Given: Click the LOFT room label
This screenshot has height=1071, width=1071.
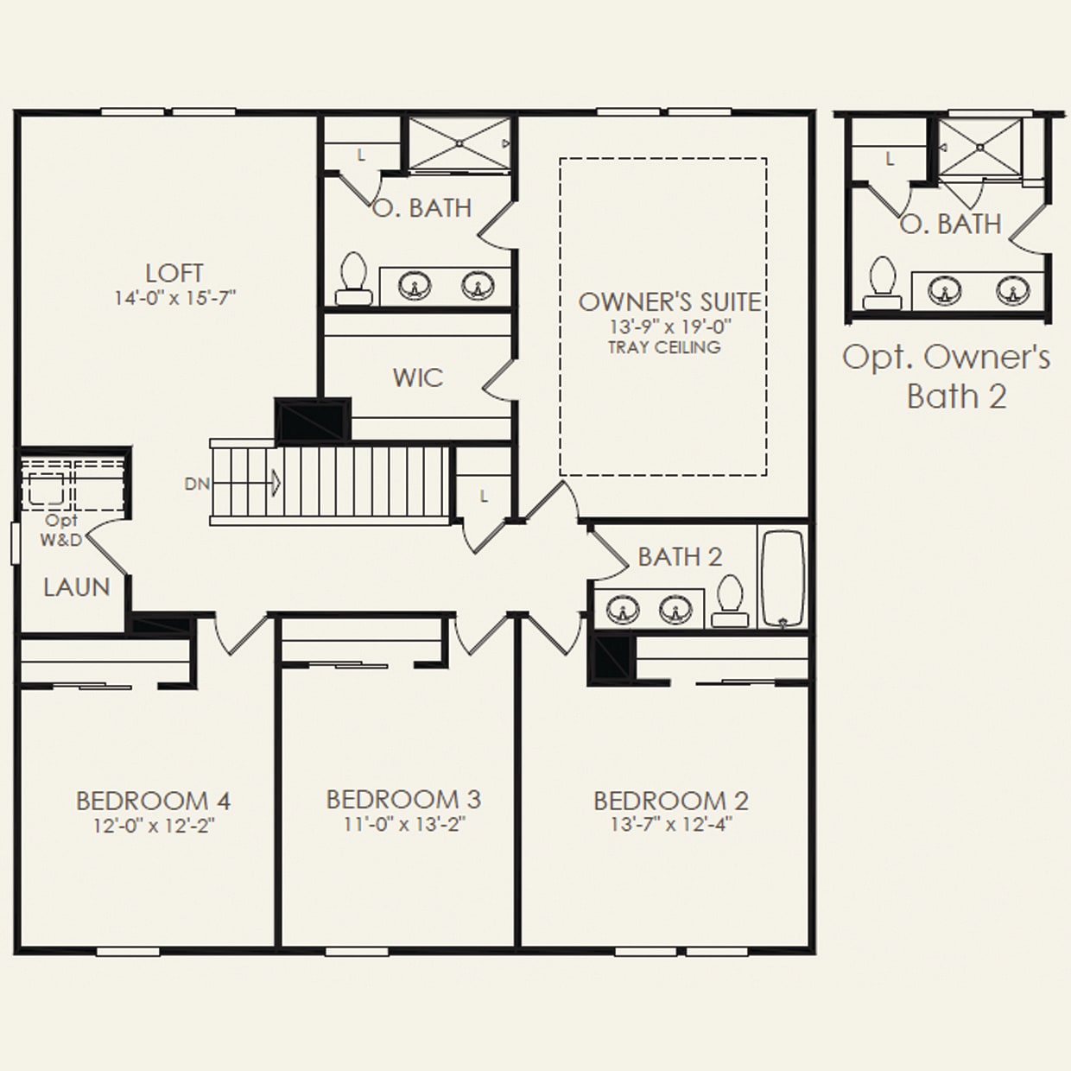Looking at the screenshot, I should tap(174, 273).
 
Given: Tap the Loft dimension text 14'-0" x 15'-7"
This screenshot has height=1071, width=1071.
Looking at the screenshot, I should tap(174, 299).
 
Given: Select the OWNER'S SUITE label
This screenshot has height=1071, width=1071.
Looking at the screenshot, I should tap(669, 302).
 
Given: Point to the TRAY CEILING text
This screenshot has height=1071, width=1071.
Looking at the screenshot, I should tap(664, 347).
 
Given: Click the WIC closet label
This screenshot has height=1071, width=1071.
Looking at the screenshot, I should tap(417, 377).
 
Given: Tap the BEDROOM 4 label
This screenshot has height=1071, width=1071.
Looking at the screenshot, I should tap(153, 801).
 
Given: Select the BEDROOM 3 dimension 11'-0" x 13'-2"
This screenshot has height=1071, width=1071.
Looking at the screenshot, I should tap(404, 824).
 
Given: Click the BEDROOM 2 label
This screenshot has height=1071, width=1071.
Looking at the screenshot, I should tap(671, 801).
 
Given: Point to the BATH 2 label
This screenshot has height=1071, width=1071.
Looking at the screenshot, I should tap(680, 557).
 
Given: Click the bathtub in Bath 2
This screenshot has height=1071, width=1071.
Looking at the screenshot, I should tap(783, 578).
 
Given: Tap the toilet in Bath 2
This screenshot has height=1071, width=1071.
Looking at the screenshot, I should tap(731, 600).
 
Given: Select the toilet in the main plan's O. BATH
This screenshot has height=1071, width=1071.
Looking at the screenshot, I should tap(354, 279).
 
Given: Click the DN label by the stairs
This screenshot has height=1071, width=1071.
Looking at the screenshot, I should tap(197, 484).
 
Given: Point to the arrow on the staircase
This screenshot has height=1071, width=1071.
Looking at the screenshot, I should tap(275, 482).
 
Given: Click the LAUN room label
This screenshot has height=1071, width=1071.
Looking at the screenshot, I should tap(77, 587).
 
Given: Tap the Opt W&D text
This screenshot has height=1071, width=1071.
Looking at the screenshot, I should tap(61, 530).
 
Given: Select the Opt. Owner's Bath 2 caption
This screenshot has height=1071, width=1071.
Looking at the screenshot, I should tap(947, 377).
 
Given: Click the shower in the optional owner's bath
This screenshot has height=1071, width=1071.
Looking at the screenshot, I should tap(979, 147).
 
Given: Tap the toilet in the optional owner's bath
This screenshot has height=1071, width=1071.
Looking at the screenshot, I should tap(882, 283).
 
